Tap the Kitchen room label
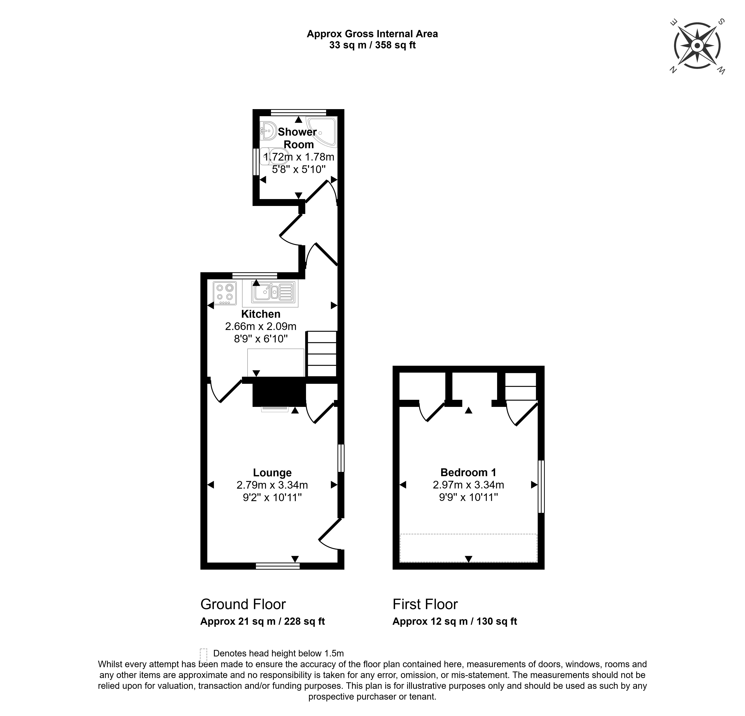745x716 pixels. (261, 314)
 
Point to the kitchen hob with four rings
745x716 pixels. (225, 293)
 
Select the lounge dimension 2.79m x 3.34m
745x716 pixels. (272, 485)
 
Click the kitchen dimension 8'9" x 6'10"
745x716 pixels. (261, 339)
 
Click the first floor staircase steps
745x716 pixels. (520, 386)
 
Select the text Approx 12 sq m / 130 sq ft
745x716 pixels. (455, 621)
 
